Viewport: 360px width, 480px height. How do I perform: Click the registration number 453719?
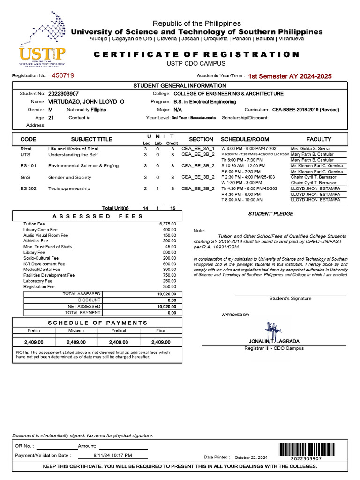63,75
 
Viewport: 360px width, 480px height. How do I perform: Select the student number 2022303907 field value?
63,94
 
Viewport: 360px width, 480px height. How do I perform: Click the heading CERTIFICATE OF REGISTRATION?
196,54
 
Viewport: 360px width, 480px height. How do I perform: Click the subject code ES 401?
28,166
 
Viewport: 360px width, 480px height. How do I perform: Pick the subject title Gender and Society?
69,178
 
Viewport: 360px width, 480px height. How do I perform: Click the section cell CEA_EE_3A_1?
197,149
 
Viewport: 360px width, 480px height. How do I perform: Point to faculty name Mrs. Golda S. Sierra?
310,149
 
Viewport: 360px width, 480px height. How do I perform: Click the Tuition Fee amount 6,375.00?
167,224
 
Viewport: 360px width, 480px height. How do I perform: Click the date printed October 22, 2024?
251,457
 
